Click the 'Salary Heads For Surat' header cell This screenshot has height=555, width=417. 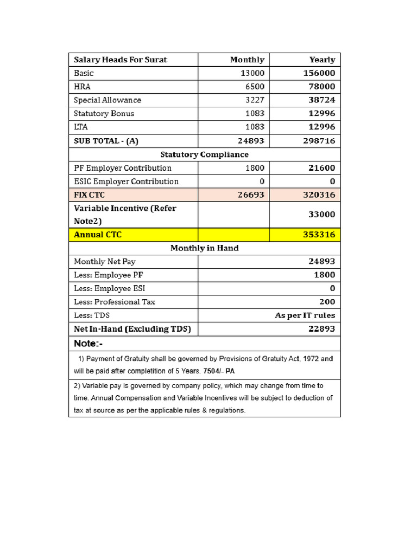click(120, 60)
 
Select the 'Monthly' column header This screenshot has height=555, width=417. click(247, 60)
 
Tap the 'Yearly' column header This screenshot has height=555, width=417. click(322, 60)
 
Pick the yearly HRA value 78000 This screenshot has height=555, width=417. click(322, 87)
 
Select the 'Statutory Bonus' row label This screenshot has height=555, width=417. click(104, 114)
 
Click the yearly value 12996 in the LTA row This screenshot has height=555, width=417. click(322, 127)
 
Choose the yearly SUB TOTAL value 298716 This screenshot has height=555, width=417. click(320, 141)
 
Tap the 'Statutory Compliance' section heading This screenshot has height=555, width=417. click(204, 154)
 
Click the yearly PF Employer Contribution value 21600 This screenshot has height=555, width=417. click(322, 168)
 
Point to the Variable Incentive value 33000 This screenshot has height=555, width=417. click(322, 215)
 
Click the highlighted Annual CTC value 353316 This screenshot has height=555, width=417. click(319, 235)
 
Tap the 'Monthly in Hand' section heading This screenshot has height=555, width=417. click(204, 248)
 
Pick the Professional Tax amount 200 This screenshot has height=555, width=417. click(327, 302)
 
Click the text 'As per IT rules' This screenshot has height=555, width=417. click(305, 315)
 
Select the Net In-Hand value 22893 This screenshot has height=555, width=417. click(322, 329)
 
